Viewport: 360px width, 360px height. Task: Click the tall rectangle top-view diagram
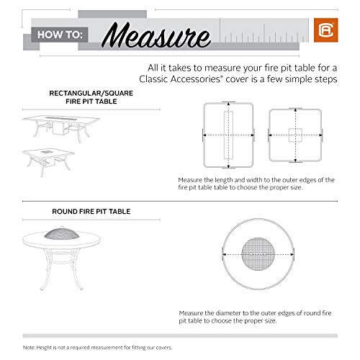point(229,135)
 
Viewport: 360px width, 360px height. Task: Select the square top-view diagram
point(294,135)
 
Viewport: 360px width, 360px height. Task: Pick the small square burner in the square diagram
point(294,135)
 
